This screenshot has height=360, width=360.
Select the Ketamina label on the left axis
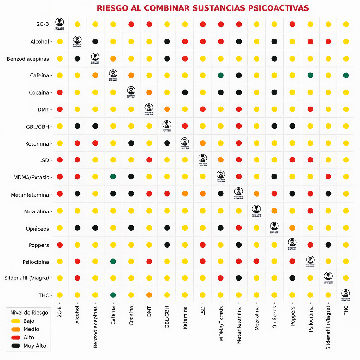click(37, 144)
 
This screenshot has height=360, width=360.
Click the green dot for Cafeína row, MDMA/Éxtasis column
click(220, 75)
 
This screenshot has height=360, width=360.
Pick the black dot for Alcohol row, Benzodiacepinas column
click(95, 41)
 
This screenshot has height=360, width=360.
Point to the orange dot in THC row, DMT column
click(149, 295)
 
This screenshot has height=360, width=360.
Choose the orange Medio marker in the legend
click(15, 329)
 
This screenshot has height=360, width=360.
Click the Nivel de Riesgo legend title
click(29, 313)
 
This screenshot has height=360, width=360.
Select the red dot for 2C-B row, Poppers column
click(292, 24)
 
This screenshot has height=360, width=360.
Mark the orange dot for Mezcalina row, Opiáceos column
click(274, 211)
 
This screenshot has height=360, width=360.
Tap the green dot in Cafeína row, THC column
click(346, 75)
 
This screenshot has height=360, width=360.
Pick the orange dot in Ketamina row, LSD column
click(202, 143)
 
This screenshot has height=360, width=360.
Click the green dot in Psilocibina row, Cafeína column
click(113, 261)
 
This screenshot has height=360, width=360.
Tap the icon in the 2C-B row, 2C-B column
click(59, 22)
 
